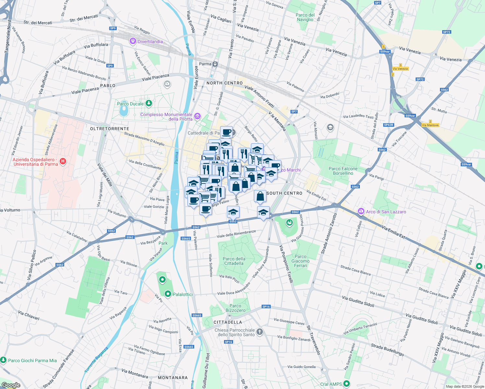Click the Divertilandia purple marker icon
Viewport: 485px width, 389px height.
click(x=133, y=41)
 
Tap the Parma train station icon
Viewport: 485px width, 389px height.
click(x=215, y=64)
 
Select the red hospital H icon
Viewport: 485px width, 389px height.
click(x=63, y=161)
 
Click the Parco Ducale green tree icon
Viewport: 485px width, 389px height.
click(x=149, y=103)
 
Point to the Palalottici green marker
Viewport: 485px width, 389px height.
click(x=168, y=294)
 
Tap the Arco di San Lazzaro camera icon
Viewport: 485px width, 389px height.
click(x=361, y=211)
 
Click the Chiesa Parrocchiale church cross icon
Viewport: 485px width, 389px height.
click(x=259, y=332)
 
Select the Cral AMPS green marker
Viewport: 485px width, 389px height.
click(x=347, y=384)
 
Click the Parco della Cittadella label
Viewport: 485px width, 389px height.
click(x=234, y=261)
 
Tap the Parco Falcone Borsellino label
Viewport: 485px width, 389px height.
click(x=343, y=171)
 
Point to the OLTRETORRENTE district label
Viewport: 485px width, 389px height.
click(x=110, y=129)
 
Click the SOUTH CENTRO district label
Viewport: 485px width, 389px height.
click(x=284, y=193)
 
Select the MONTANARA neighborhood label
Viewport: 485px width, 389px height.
click(x=173, y=378)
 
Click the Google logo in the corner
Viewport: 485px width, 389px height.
click(x=11, y=385)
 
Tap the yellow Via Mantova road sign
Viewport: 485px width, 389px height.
click(x=430, y=125)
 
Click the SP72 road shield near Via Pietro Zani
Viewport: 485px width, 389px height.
click(x=446, y=32)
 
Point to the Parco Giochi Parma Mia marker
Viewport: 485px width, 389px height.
click(x=3, y=360)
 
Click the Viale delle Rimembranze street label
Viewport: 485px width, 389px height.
click(x=236, y=234)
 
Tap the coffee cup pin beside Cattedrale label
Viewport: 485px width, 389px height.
click(x=227, y=132)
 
